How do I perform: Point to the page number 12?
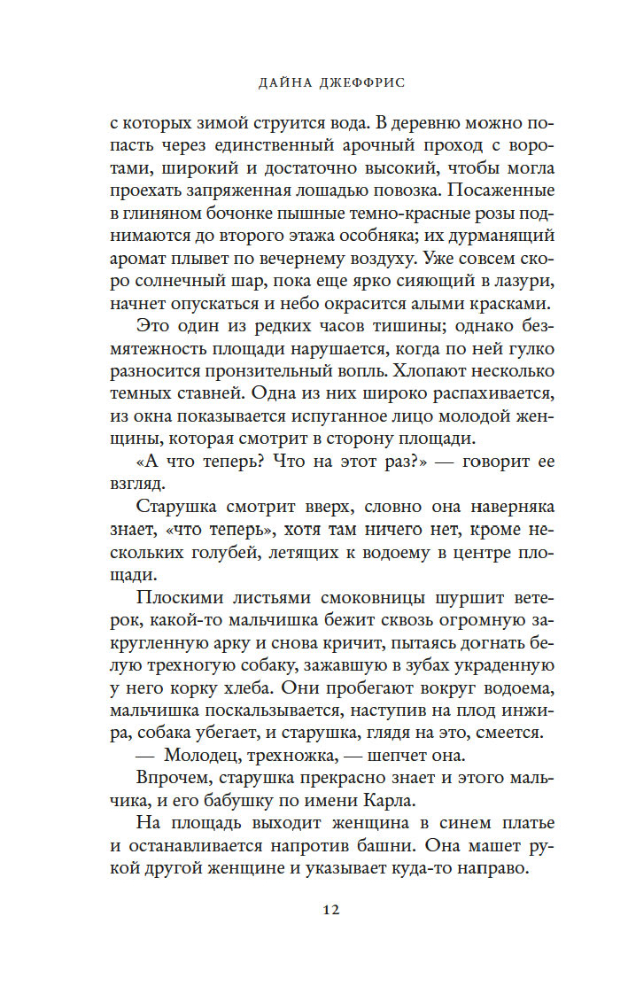314,909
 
